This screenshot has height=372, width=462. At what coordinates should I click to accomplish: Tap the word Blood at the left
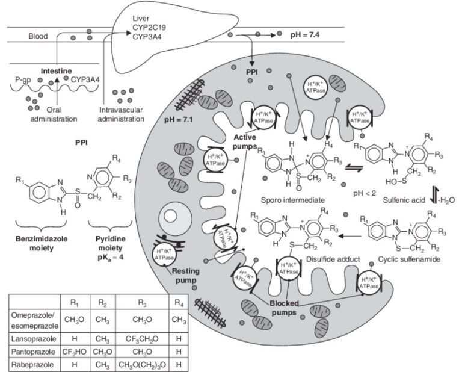click(x=37, y=36)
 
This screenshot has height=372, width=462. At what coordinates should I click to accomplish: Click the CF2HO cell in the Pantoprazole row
click(x=76, y=352)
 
